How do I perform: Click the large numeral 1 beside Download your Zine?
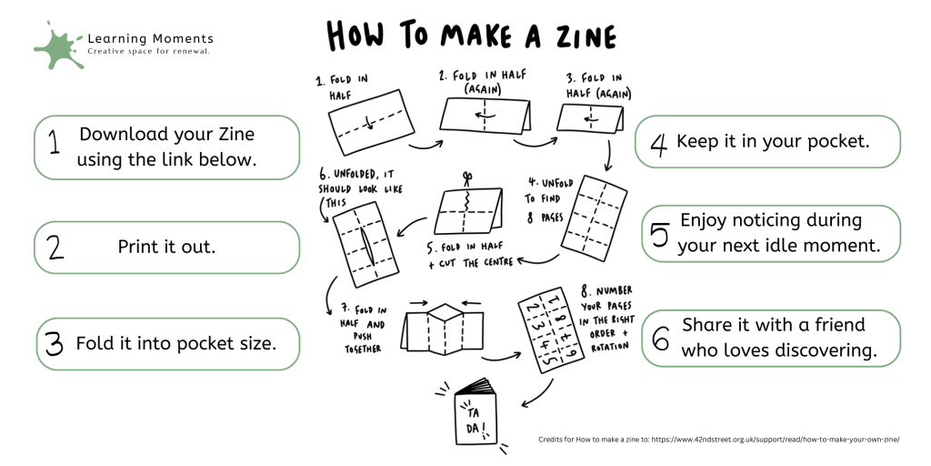[x=54, y=143]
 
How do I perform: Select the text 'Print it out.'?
[x=166, y=247]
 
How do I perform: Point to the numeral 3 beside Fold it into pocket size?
[x=54, y=344]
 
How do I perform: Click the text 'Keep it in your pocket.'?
[x=773, y=141]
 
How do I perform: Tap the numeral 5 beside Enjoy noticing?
[x=660, y=234]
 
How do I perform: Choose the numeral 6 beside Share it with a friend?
[x=661, y=339]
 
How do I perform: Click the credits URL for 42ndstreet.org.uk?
[x=776, y=440]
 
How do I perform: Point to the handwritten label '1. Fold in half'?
[x=342, y=86]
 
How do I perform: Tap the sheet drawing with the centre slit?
[x=365, y=243]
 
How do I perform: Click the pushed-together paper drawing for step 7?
[x=443, y=329]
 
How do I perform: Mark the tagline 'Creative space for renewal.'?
[x=149, y=51]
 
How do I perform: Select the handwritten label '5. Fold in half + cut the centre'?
[x=470, y=255]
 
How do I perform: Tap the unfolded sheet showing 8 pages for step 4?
[x=594, y=218]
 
